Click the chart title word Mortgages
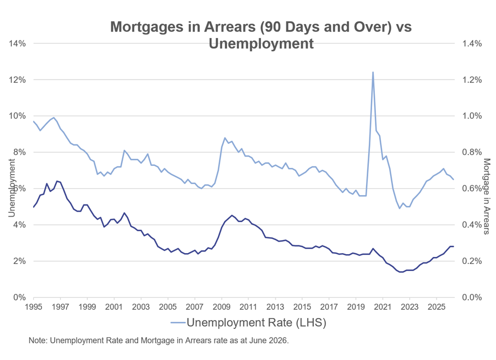[x=146, y=27]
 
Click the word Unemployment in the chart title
[x=261, y=43]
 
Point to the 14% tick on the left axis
[x=17, y=43]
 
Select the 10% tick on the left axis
[x=17, y=116]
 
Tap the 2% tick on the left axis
[x=20, y=261]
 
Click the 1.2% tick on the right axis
[x=472, y=80]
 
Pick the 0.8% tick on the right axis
[x=472, y=152]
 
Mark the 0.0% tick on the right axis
[x=472, y=297]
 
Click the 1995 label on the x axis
[x=33, y=307]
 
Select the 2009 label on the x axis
[x=222, y=307]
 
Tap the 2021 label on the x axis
[x=383, y=307]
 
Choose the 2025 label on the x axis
[x=437, y=307]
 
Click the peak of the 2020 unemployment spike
[x=373, y=72]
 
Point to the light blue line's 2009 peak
[x=225, y=137]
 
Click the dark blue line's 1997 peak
[x=57, y=181]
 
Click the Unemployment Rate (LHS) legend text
[x=256, y=322]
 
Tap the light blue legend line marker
[x=178, y=323]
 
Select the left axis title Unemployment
[x=11, y=188]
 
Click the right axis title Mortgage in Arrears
[x=487, y=196]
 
